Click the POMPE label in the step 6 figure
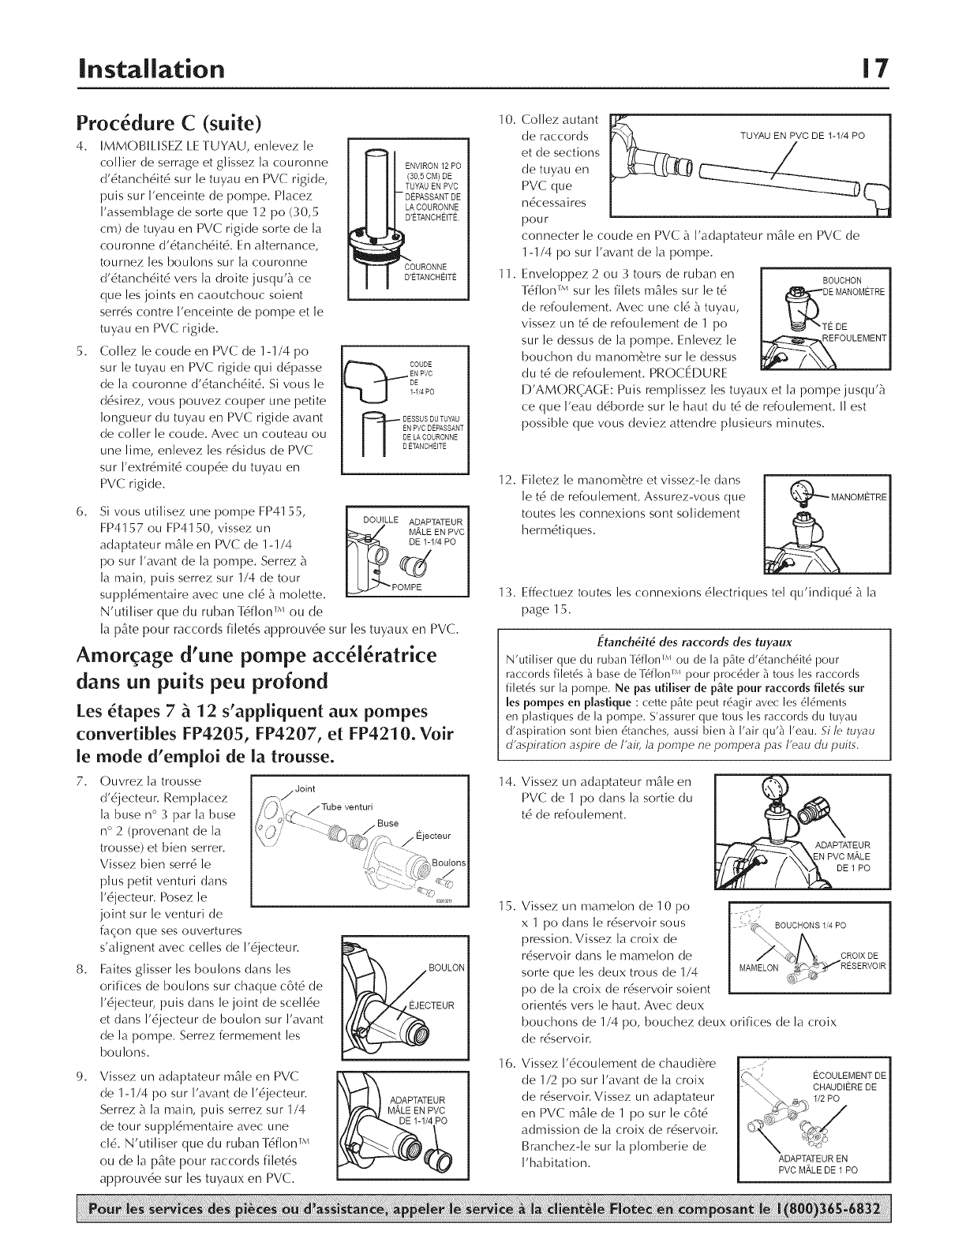click(408, 588)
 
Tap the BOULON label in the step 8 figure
click(446, 967)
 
